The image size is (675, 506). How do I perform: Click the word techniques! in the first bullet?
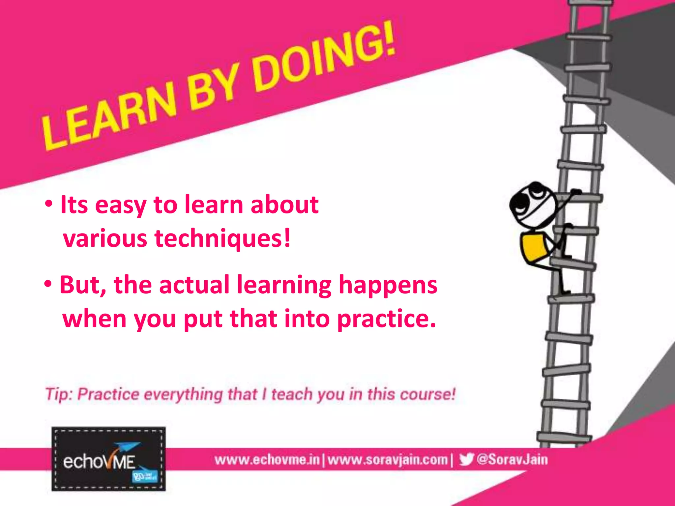[223, 238]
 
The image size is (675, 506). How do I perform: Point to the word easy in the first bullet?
[121, 205]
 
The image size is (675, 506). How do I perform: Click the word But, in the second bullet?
[83, 285]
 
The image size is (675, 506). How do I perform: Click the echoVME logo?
[108, 459]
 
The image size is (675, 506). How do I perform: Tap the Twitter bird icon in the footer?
[466, 459]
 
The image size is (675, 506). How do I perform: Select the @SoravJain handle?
[512, 459]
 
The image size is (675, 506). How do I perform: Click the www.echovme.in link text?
[267, 460]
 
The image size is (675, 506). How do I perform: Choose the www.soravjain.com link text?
[388, 460]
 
